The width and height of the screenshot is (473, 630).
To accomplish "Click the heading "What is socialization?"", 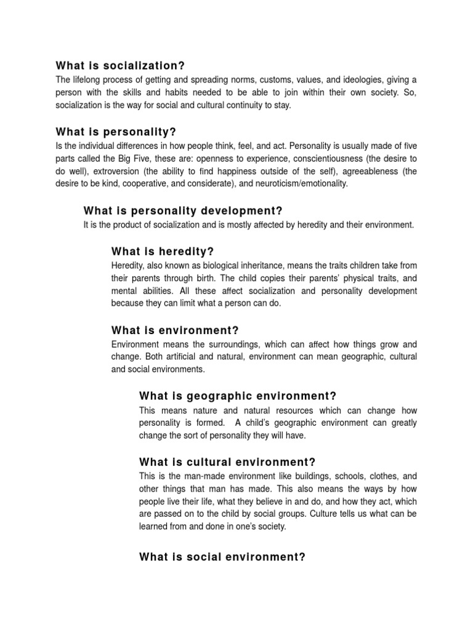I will [120, 66].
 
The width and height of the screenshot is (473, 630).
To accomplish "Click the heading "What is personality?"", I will [116, 132].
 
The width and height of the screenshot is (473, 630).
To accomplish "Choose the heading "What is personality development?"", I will [174, 211].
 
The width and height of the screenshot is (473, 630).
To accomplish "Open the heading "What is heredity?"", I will [162, 251].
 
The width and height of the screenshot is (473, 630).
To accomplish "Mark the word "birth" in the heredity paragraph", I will [209, 277].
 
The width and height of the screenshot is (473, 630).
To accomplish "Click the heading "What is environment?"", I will [175, 330].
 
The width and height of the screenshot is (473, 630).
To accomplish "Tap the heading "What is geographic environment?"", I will [238, 396].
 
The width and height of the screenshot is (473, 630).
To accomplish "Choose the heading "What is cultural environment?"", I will [227, 462].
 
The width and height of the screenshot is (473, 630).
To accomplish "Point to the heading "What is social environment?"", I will [222, 557].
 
